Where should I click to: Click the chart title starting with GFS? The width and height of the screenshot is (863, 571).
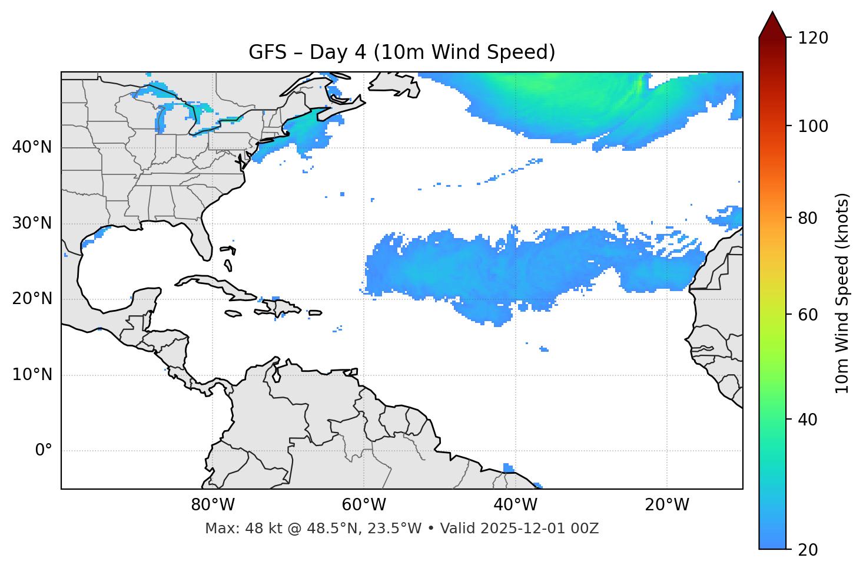point(402,52)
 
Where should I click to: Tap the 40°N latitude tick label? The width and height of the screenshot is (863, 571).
point(32,147)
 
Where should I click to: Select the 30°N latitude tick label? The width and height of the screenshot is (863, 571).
point(32,223)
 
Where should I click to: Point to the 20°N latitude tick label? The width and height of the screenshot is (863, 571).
point(32,299)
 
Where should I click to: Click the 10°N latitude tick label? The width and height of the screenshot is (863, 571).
point(32,375)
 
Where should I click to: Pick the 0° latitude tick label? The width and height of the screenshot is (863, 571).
point(44,451)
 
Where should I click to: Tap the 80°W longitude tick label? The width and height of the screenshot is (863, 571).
point(213,505)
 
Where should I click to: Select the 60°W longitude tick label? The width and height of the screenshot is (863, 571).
point(364,505)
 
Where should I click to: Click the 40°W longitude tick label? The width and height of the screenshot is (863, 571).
point(515,505)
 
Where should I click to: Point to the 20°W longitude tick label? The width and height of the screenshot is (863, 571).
point(667,505)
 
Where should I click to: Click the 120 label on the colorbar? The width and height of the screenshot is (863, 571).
point(813,38)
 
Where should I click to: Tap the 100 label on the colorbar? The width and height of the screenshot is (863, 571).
point(813,126)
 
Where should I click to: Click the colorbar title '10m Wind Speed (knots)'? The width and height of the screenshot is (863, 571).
point(842,293)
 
